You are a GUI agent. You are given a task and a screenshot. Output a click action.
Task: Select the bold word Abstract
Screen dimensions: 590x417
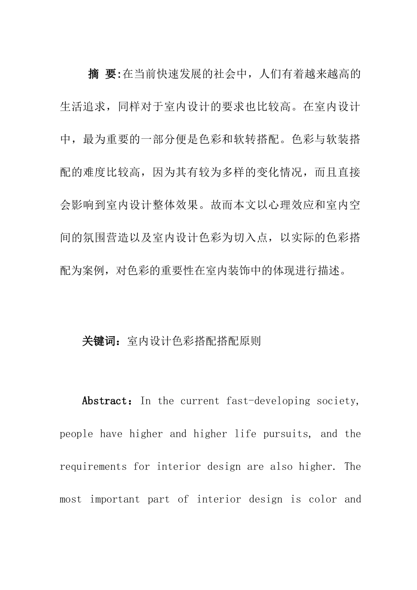pos(104,401)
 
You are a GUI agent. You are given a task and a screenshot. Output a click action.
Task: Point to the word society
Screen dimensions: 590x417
pos(338,401)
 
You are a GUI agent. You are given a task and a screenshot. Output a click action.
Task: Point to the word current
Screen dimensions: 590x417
pos(199,401)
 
